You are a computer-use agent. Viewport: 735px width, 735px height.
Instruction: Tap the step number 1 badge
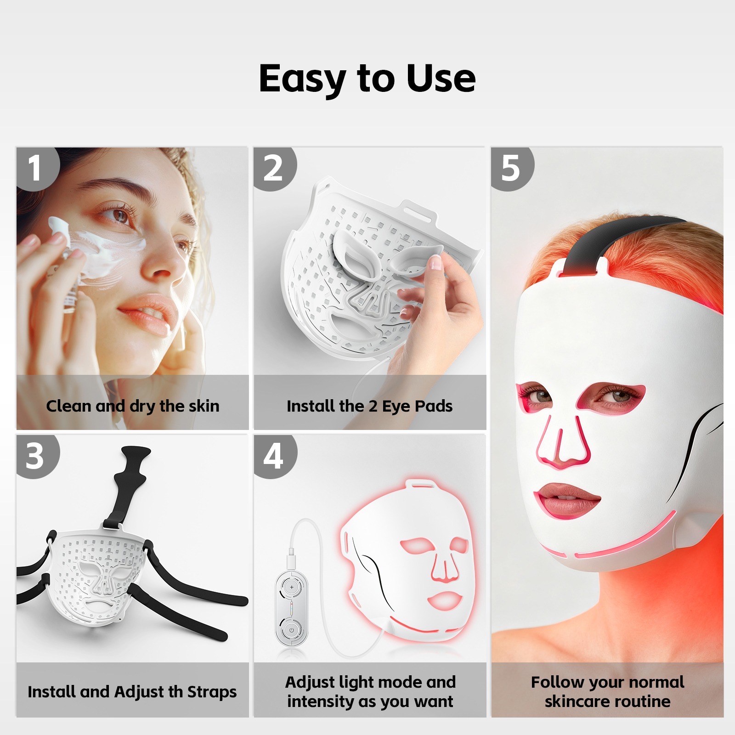(37, 168)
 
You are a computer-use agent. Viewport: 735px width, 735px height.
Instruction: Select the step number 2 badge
(274, 168)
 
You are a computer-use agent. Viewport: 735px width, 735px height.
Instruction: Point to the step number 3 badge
(37, 456)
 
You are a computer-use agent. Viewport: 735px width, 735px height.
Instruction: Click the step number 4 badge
(274, 456)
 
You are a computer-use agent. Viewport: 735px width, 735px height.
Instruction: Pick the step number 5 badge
(512, 168)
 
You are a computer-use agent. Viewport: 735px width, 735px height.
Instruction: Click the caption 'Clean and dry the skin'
(133, 407)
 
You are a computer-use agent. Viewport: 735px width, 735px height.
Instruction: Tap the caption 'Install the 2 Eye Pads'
(370, 406)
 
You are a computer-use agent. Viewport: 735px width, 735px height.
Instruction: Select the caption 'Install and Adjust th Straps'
(132, 692)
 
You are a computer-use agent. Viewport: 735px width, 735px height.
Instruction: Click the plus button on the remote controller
(291, 587)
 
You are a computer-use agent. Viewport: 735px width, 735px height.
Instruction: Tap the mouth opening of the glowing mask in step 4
(444, 599)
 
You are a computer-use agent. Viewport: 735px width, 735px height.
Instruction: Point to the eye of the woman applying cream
(119, 215)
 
